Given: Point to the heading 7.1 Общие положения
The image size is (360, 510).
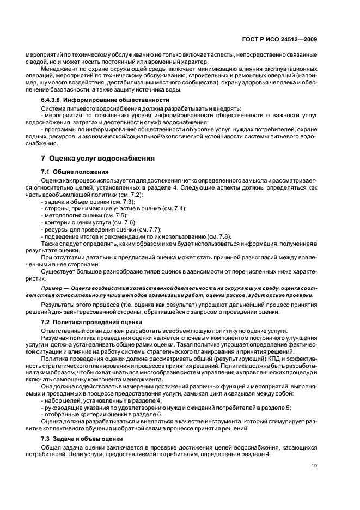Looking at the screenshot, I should click(x=71, y=172).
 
